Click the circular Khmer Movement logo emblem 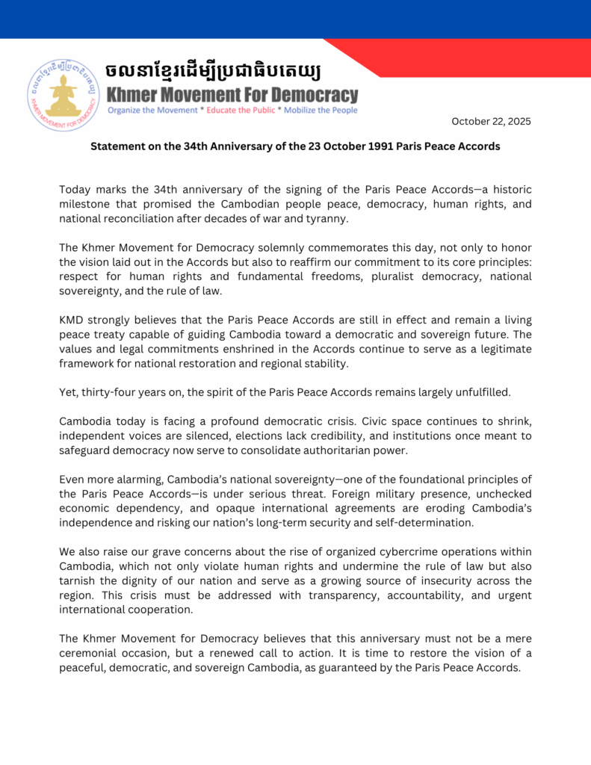coord(62,95)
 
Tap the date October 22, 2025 coord(492,122)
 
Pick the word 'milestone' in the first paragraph coord(85,205)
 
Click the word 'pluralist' coord(357,276)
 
